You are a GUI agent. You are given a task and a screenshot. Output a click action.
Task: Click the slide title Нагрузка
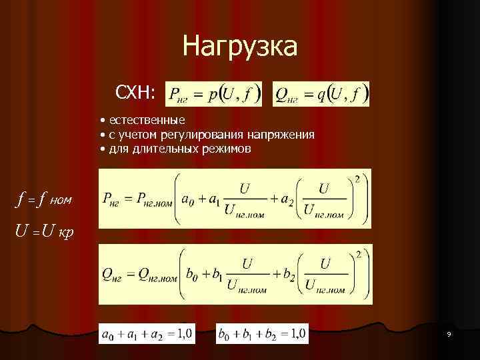[x=240, y=47]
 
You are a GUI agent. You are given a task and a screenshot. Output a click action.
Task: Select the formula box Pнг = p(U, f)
[x=213, y=94]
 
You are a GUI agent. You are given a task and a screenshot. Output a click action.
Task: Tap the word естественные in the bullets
[x=147, y=120]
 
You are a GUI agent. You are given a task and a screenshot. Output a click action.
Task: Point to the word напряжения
[x=287, y=135]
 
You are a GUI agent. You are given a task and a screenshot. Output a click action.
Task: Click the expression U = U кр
[x=45, y=232]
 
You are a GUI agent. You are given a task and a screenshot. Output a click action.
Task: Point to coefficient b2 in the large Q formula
[x=285, y=274]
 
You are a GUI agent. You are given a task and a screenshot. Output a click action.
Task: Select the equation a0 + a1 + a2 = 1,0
[x=147, y=333]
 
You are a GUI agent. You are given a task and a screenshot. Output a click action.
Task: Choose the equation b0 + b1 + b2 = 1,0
[x=262, y=333]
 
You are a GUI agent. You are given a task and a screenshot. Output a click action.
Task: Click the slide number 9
[x=449, y=333]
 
